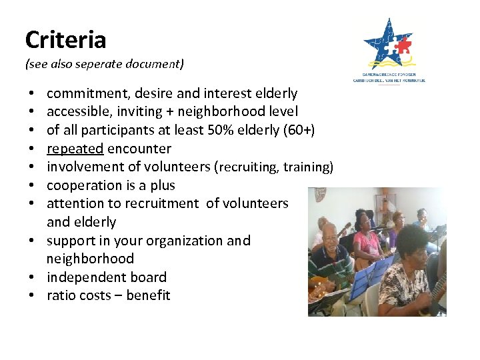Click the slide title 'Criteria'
point(65,40)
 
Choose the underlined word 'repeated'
point(75,149)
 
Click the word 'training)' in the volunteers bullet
point(308,167)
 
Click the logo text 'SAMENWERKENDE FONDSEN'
point(389,75)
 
